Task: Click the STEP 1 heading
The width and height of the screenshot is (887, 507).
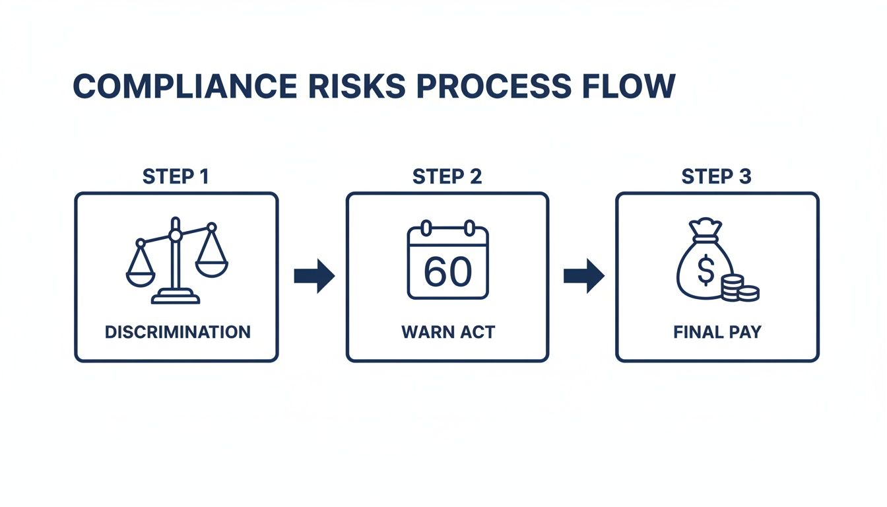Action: (176, 177)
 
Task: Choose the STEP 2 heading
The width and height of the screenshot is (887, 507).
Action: (447, 177)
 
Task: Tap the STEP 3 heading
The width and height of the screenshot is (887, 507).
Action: (716, 177)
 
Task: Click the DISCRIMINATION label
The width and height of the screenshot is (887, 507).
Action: (177, 331)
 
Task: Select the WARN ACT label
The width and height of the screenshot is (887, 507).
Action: (447, 331)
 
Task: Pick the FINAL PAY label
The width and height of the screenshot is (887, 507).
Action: (717, 331)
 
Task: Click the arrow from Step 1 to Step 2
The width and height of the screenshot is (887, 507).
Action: (313, 276)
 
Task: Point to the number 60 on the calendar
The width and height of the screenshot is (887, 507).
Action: (447, 271)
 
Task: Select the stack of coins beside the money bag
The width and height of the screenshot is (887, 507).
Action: (739, 289)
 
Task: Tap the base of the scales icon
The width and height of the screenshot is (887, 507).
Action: (176, 298)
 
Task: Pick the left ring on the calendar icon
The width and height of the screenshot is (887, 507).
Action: (426, 228)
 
